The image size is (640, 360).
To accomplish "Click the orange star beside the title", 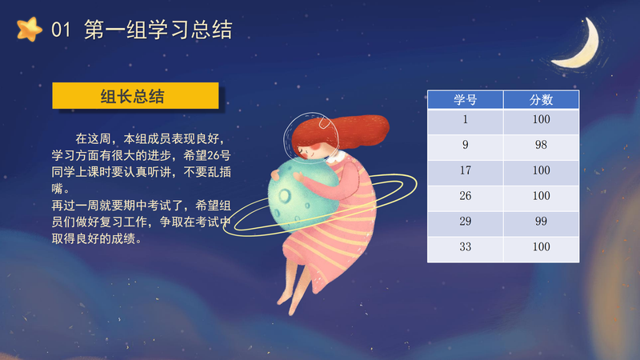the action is (x=30, y=30).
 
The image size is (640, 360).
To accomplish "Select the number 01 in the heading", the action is (x=61, y=30).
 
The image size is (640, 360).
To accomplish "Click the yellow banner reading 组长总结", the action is (x=135, y=96).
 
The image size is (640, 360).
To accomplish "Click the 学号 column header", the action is (x=466, y=99).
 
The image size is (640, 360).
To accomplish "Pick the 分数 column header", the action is (x=542, y=99).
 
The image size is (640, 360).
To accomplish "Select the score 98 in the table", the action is (x=542, y=145).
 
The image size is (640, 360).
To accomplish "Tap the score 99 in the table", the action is (x=542, y=222).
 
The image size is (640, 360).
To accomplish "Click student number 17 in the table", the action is (x=466, y=170).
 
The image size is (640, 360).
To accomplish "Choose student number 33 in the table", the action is (x=466, y=246).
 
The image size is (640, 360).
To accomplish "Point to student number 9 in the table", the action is (x=466, y=145).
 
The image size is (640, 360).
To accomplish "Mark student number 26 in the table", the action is (x=466, y=196).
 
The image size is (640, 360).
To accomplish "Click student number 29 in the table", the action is (x=466, y=222).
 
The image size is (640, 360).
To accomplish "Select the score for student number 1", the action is (x=542, y=119).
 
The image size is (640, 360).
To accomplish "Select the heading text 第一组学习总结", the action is (x=158, y=30).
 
